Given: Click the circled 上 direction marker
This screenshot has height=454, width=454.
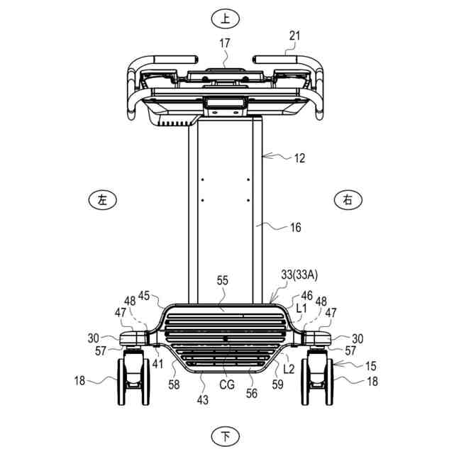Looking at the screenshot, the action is tap(226, 19).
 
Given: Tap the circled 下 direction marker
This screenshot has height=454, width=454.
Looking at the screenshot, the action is tap(226, 436).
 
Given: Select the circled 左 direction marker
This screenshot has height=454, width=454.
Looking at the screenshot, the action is tap(102, 200).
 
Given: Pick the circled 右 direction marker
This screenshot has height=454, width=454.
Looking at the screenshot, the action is tap(348, 200).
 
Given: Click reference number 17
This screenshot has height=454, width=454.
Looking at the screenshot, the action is tap(225, 43).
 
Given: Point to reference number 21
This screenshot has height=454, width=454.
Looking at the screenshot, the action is tap(295, 36).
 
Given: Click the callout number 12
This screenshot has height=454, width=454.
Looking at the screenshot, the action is tap(299, 158).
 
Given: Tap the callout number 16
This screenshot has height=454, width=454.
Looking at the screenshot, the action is tap(296, 227).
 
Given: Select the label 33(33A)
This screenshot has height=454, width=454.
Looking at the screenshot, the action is tap(299, 275).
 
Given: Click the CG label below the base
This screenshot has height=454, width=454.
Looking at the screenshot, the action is tap(227, 384).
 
